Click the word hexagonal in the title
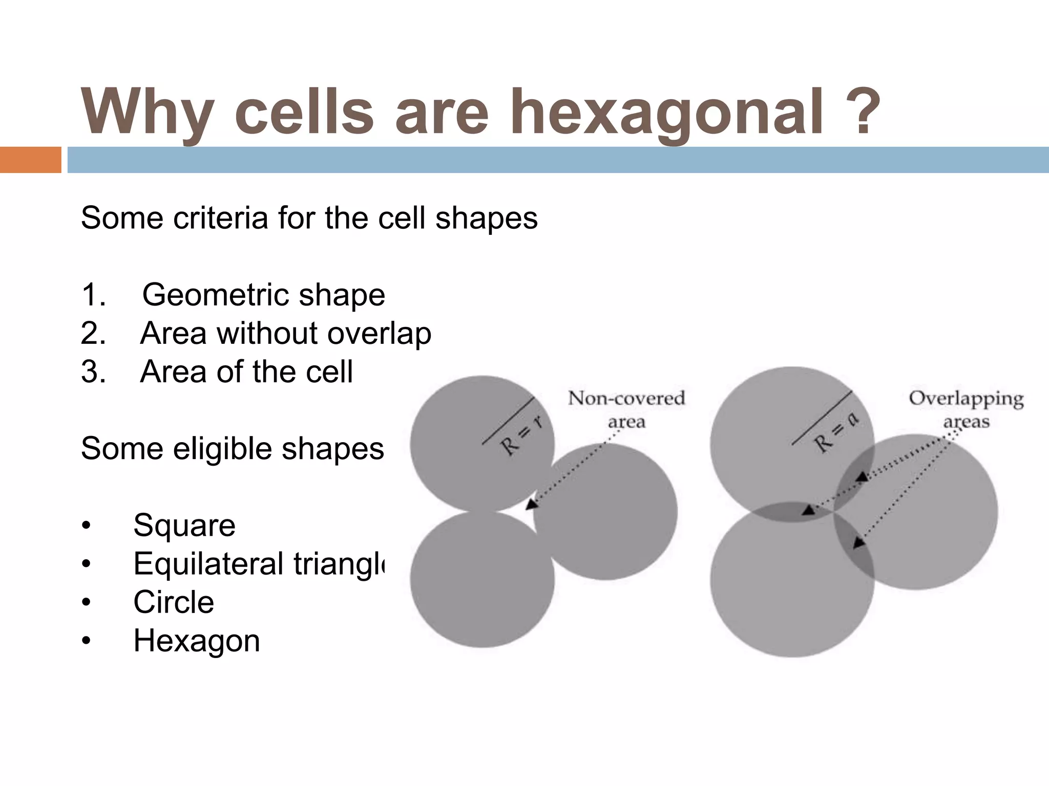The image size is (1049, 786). point(666,112)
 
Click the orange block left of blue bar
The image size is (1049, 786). point(30,160)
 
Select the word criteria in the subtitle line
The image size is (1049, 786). point(220,218)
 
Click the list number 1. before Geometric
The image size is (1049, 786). point(94,295)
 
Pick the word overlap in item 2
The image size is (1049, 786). point(379,334)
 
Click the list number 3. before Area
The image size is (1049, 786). point(94,372)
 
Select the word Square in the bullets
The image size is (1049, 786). point(184,526)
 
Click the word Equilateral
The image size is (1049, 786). point(208,564)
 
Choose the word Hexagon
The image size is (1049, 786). point(197,641)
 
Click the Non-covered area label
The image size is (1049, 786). point(626,409)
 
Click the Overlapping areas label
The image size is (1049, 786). point(966,409)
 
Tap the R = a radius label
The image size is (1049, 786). point(836,433)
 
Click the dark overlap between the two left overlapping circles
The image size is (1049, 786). point(791,512)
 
